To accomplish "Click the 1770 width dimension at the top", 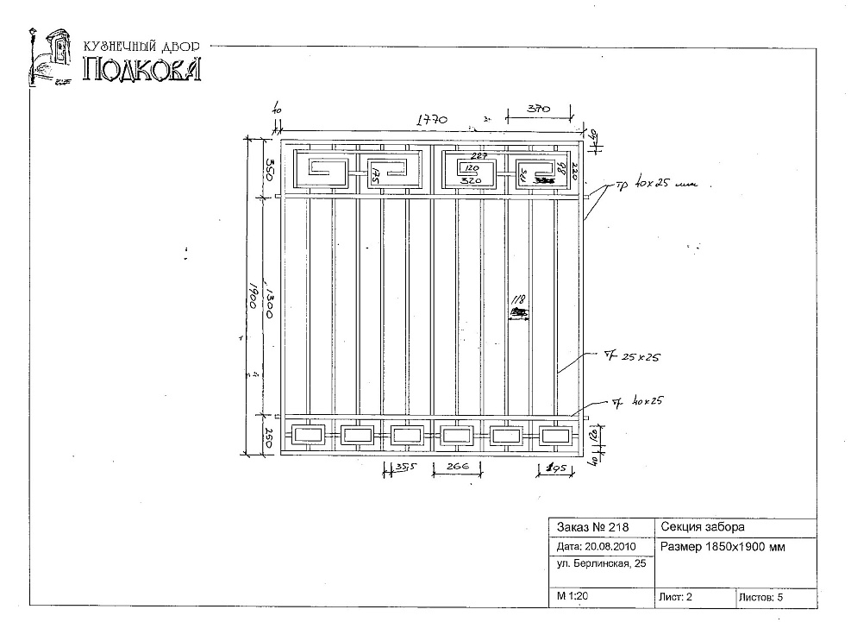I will coord(431,122).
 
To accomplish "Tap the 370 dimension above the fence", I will coord(539,109).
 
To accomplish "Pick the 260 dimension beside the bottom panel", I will coord(269,437).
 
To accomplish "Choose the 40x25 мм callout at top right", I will coord(660,185).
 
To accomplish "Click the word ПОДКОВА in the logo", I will coord(142,69).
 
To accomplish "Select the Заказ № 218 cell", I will coord(594,528).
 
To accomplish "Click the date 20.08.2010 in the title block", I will coord(597,547).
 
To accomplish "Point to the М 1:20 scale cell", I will coord(569,596).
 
